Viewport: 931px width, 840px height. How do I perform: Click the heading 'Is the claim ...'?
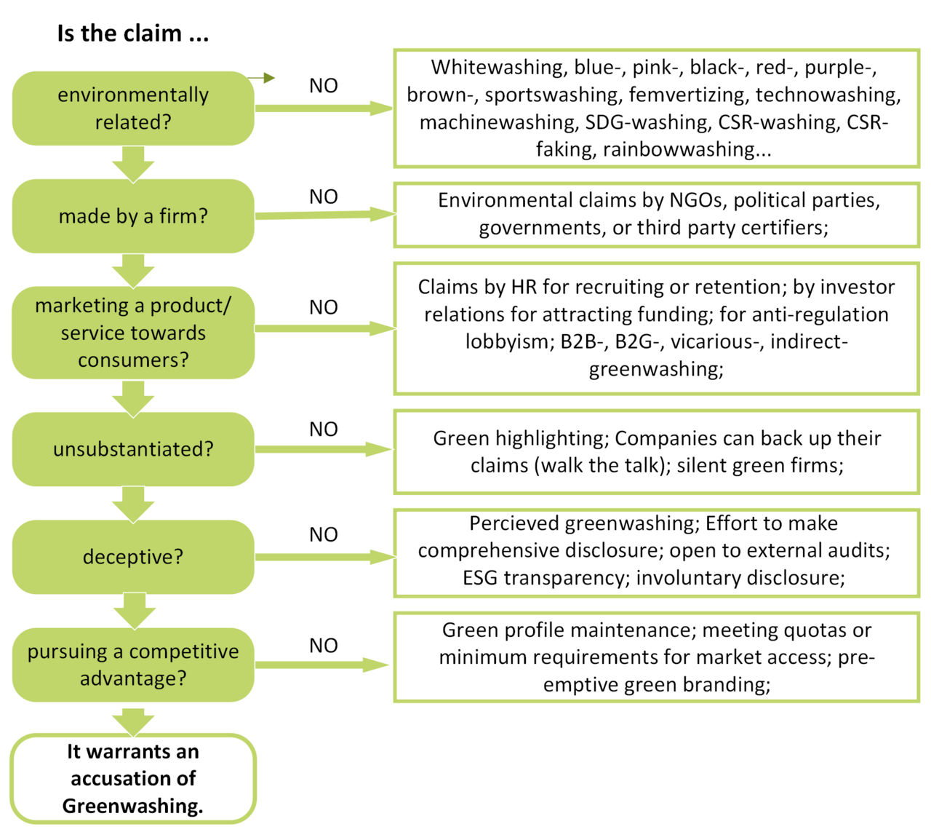tap(133, 33)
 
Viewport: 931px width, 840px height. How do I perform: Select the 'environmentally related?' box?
tap(133, 108)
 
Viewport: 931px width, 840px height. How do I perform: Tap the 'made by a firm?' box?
tap(133, 216)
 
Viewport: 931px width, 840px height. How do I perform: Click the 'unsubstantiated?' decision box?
tap(133, 449)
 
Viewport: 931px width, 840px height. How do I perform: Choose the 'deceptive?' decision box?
tap(133, 557)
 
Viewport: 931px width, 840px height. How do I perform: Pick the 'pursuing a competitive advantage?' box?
tap(133, 665)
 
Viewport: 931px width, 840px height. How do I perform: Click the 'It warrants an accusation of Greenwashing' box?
tap(133, 778)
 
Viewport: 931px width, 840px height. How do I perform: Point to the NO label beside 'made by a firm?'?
tap(323, 197)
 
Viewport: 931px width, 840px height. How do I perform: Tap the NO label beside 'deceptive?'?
tap(323, 534)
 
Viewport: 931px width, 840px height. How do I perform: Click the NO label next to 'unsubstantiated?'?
tap(323, 429)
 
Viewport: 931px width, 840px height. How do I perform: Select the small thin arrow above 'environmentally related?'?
tap(261, 78)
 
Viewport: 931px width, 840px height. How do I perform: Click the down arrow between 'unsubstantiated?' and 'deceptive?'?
tap(133, 504)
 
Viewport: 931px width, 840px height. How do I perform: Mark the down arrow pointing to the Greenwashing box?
tap(133, 721)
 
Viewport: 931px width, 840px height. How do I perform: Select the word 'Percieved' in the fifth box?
tap(514, 523)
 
